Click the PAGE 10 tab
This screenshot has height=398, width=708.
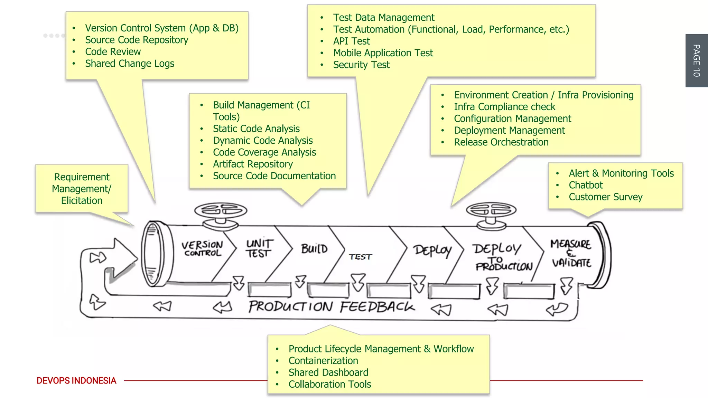[x=696, y=60]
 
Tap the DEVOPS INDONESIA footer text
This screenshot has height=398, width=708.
[x=76, y=380]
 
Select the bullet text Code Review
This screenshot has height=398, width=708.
[x=113, y=52]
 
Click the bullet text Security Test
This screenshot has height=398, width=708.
[x=361, y=65]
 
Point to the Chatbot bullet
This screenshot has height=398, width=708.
[x=586, y=185]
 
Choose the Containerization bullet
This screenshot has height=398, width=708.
[x=323, y=361]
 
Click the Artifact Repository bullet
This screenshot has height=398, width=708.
[x=253, y=164]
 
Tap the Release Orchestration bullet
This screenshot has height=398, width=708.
[x=501, y=142]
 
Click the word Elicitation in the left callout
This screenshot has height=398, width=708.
[x=82, y=201]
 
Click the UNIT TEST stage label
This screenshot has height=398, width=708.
[x=259, y=249]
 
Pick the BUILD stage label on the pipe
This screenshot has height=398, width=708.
[x=314, y=249]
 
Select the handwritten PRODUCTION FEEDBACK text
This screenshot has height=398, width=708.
[x=331, y=307]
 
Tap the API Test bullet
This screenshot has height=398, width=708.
[x=351, y=41]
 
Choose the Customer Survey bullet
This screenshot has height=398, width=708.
[x=605, y=197]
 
